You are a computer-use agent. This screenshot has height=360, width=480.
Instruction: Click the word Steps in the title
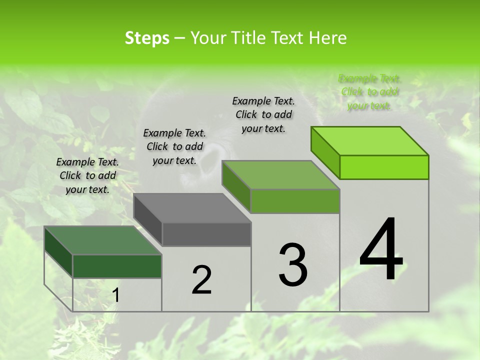click(x=147, y=38)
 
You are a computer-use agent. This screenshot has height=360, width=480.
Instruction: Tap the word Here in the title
click(x=328, y=38)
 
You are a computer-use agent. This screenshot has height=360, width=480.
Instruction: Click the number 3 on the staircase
click(x=293, y=265)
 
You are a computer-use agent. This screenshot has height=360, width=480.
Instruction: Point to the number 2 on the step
click(x=202, y=280)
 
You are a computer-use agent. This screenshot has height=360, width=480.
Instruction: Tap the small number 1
click(x=116, y=295)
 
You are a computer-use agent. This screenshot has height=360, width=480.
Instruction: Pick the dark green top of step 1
click(x=103, y=240)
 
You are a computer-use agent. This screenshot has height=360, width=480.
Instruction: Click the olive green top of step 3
click(x=281, y=175)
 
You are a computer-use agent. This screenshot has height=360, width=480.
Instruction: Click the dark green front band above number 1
click(x=117, y=266)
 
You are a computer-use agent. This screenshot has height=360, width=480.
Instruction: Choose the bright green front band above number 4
click(x=384, y=167)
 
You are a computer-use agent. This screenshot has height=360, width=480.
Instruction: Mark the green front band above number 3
click(x=295, y=201)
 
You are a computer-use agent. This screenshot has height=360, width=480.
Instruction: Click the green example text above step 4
click(x=369, y=92)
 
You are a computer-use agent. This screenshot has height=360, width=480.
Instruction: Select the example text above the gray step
click(x=174, y=146)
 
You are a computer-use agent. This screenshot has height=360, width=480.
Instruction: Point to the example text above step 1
click(x=87, y=175)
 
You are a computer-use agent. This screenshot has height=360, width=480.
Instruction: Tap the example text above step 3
click(x=263, y=114)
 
